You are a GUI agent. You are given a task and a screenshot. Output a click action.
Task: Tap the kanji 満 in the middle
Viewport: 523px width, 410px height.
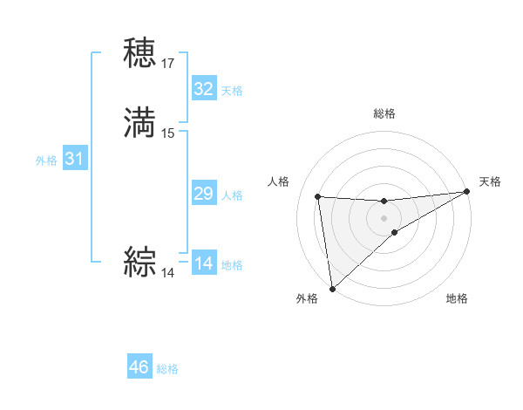(x=139, y=122)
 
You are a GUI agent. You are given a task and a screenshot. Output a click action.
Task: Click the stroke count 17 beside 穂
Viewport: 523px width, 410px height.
(x=168, y=64)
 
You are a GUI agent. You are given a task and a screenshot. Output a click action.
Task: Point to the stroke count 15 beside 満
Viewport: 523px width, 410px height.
(x=168, y=133)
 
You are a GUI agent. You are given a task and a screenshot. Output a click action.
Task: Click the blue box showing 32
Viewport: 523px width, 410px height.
(x=203, y=89)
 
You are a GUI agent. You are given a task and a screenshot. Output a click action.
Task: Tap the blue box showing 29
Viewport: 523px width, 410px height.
(x=203, y=194)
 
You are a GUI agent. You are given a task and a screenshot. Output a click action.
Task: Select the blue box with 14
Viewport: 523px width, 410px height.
(x=203, y=263)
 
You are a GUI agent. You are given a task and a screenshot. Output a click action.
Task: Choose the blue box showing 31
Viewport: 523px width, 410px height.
(x=74, y=160)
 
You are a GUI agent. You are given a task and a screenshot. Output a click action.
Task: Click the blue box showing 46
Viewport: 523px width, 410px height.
(x=139, y=367)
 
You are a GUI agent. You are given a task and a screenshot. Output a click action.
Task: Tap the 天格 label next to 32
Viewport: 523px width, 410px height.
(x=231, y=91)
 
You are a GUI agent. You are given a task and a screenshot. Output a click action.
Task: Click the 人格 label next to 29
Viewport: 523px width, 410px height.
(x=231, y=195)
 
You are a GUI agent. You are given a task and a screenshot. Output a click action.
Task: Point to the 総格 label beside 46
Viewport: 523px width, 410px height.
(x=167, y=369)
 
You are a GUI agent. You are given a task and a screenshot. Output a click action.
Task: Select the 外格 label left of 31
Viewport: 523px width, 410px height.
(x=46, y=161)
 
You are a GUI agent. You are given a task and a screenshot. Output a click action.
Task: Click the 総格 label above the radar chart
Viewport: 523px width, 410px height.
(x=384, y=113)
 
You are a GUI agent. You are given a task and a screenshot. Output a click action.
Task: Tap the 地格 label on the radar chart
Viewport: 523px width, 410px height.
(x=457, y=298)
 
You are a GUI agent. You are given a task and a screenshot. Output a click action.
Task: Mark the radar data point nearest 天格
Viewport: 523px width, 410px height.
(x=466, y=192)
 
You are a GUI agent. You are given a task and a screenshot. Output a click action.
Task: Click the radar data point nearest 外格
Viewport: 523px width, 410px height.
(x=332, y=289)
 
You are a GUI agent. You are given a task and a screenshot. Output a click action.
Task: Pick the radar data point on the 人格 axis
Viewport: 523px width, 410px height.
(x=318, y=196)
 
